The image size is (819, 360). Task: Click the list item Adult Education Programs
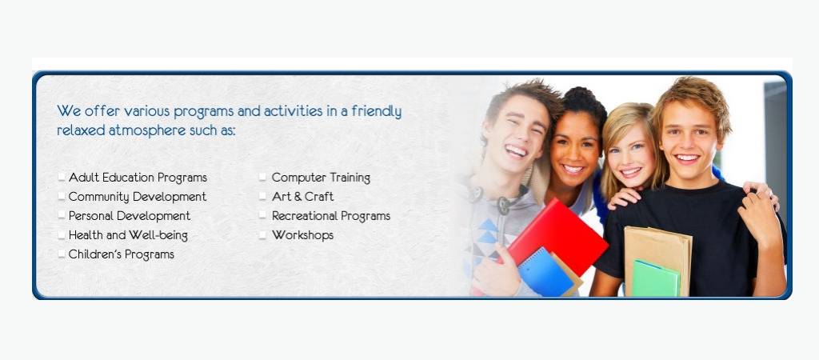pyautogui.click(x=138, y=178)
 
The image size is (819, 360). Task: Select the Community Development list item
pyautogui.click(x=138, y=197)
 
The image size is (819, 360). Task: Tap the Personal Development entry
pyautogui.click(x=130, y=216)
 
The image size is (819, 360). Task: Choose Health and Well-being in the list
pyautogui.click(x=128, y=235)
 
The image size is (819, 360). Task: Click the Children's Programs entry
pyautogui.click(x=122, y=254)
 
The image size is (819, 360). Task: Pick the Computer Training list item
pyautogui.click(x=321, y=178)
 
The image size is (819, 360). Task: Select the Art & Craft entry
pyautogui.click(x=302, y=197)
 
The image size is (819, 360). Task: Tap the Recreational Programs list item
pyautogui.click(x=330, y=216)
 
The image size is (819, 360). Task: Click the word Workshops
pyautogui.click(x=302, y=235)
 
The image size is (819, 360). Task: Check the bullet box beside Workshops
pyautogui.click(x=262, y=235)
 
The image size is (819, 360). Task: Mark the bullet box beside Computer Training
pyautogui.click(x=262, y=178)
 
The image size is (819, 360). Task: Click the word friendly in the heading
pyautogui.click(x=377, y=111)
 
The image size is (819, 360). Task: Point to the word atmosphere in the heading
pyautogui.click(x=147, y=130)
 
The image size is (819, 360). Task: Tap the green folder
pyautogui.click(x=656, y=278)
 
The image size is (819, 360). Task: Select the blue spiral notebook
pyautogui.click(x=545, y=273)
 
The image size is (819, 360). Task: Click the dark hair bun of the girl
pyautogui.click(x=584, y=100)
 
